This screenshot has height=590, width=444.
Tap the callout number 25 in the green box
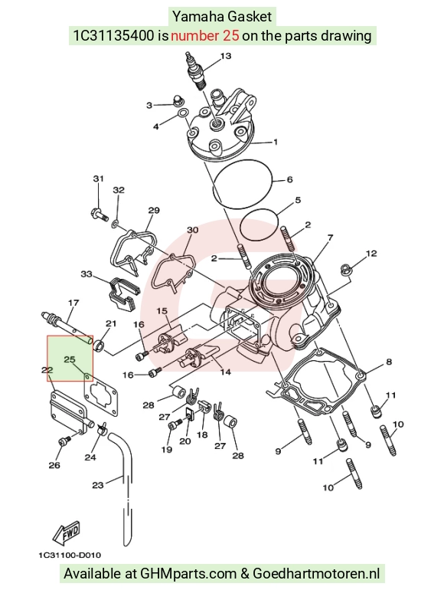70,359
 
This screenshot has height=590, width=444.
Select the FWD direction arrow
66,533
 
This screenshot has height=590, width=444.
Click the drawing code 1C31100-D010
70,555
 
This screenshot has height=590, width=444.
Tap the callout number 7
330,238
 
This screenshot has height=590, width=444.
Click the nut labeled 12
344,269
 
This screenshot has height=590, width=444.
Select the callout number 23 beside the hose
98,485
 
